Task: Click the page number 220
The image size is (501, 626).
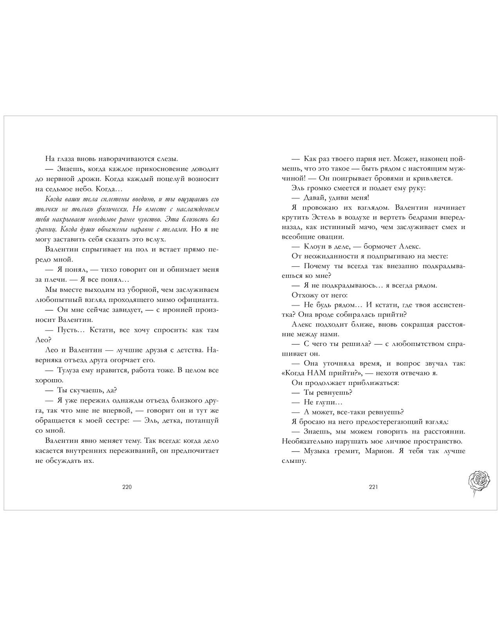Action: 127,487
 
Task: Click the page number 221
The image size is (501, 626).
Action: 373,487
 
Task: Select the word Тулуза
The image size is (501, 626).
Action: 70,370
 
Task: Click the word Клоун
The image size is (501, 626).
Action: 315,246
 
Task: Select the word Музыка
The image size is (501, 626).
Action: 317,451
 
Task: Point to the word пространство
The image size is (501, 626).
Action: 439,441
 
